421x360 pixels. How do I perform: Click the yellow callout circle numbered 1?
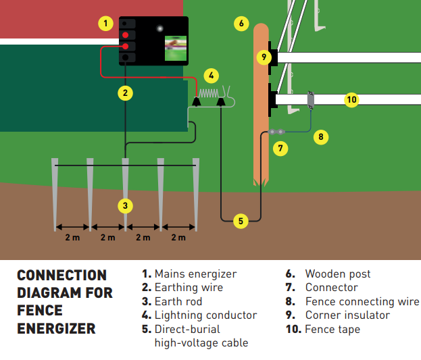coord(105,23)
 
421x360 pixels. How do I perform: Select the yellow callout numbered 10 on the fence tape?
coord(351,100)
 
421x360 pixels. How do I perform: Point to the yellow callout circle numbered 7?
coord(281,147)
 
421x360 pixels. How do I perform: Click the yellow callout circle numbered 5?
coord(240,220)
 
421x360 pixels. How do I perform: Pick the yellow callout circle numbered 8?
coord(321,137)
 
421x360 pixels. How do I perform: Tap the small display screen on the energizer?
coord(176,48)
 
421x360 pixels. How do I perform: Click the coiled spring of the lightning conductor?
coord(210,93)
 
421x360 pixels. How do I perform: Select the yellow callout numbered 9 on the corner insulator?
coord(264,57)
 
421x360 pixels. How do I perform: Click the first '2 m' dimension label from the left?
coord(72,237)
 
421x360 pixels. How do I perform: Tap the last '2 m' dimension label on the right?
coord(178,237)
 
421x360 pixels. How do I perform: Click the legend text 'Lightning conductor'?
coord(205,315)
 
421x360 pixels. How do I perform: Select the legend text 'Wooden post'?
coord(337,274)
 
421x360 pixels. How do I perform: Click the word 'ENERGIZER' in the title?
coord(56,329)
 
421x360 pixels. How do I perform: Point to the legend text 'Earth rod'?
coord(178,301)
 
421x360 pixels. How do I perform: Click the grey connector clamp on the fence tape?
coord(311,99)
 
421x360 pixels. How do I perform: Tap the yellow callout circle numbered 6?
coord(241,24)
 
